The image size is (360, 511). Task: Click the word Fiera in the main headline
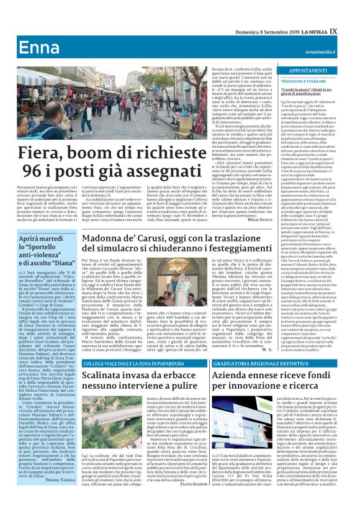(x=43, y=151)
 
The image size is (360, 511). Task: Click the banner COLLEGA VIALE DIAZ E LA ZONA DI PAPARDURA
(x=127, y=364)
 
